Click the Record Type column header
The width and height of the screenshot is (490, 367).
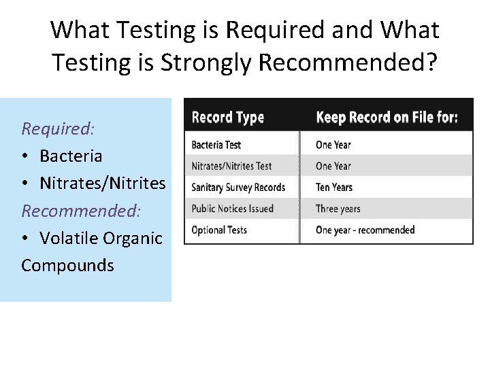tap(227, 118)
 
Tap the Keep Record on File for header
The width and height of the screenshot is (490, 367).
tap(387, 118)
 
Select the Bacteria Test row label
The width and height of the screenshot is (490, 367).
tap(216, 145)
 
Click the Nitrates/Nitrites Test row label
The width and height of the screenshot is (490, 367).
tap(231, 166)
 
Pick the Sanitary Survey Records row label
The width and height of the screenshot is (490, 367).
tap(238, 187)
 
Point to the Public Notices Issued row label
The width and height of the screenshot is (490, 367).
tap(232, 209)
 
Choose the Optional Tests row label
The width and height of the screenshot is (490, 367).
tap(219, 230)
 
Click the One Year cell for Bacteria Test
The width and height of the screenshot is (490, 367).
tap(333, 145)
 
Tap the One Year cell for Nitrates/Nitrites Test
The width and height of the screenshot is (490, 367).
tap(333, 166)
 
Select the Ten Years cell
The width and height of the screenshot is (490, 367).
tap(334, 187)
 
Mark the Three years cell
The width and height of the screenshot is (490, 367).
tap(338, 209)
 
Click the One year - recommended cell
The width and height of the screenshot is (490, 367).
tap(365, 230)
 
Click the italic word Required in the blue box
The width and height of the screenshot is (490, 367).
tap(58, 128)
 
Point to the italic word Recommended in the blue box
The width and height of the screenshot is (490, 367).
tap(81, 210)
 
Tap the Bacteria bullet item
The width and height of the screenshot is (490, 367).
tap(71, 156)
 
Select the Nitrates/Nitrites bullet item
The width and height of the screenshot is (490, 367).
tap(102, 183)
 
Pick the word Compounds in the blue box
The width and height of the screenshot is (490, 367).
tap(67, 265)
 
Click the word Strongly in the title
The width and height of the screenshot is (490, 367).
tap(207, 63)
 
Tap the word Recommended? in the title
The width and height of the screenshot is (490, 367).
tap(349, 63)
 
